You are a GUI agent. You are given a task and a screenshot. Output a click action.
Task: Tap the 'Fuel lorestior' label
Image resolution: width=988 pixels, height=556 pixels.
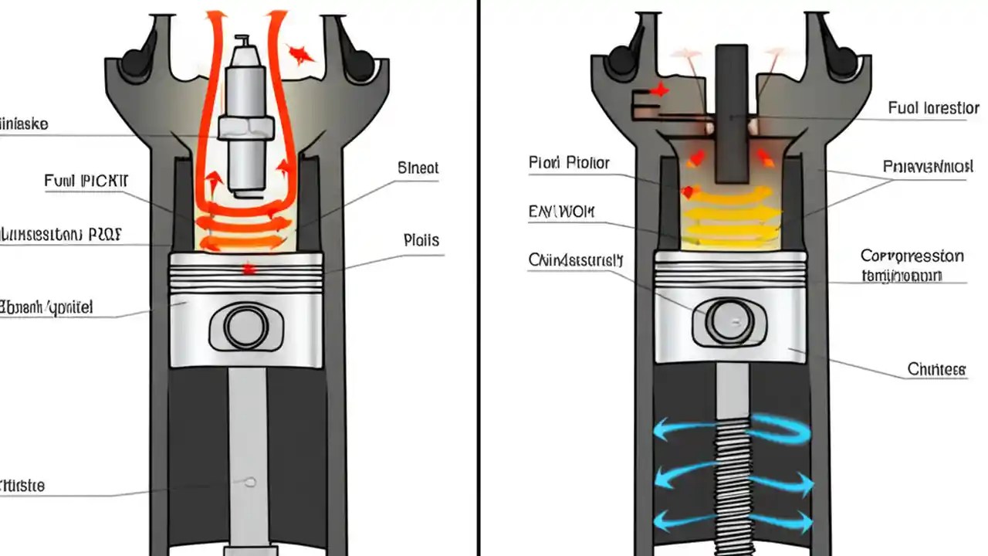coord(933,108)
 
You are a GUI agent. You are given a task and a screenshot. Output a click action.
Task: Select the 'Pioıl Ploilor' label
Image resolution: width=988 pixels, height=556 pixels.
coord(569,163)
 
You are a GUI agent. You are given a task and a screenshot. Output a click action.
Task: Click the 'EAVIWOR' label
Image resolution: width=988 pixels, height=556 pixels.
coord(562,211)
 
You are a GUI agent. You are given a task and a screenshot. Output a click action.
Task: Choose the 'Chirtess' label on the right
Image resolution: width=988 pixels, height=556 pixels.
coord(936,370)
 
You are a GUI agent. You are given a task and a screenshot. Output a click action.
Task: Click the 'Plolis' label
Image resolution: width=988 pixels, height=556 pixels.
coord(421,240)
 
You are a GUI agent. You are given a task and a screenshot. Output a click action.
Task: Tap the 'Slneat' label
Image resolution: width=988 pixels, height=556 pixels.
coord(418,168)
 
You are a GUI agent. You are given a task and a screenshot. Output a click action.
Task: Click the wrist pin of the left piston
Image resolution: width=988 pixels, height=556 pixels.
coord(246,327)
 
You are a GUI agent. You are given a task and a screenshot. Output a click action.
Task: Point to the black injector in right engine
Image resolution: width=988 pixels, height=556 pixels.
coord(731,116)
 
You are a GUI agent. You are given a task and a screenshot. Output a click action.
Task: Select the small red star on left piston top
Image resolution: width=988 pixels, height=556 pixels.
coord(248,270)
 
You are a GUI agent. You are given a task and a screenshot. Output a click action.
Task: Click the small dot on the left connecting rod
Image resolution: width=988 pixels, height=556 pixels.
coord(249,482)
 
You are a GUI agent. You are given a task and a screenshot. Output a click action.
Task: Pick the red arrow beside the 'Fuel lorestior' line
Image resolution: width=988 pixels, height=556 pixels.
coord(658,90)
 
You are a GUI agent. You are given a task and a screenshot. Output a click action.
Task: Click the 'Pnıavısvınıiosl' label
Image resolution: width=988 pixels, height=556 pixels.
coord(926,166)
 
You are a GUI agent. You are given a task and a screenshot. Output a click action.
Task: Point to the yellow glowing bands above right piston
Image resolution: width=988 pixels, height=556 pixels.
coord(729,216)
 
